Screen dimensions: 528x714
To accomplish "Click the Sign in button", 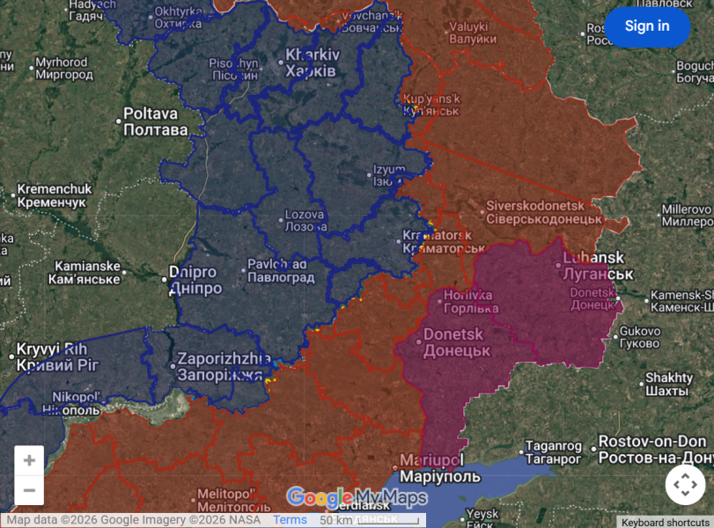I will [647, 26].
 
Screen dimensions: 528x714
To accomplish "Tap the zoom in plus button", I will [29, 460].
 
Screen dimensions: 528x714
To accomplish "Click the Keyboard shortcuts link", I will [665, 522].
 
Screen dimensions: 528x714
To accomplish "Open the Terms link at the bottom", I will [290, 520].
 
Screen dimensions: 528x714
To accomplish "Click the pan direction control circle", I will [685, 484].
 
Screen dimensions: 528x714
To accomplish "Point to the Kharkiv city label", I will [311, 62].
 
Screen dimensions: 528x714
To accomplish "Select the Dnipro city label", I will [197, 281].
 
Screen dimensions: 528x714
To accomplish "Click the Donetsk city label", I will [455, 342].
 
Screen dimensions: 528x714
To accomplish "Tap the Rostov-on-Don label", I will [652, 449].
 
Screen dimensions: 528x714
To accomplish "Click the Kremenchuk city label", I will [52, 194].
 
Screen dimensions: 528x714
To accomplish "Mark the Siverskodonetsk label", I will [544, 212].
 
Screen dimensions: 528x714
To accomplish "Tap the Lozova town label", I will [305, 220].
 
